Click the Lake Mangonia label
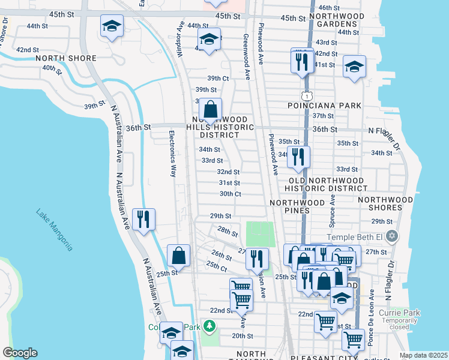coord(54,229)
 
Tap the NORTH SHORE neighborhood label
coord(66,58)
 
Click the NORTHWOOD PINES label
coord(298,207)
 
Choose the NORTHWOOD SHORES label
coord(385,203)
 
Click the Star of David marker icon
coord(393,236)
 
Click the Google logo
coord(19,353)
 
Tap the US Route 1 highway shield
coord(307,95)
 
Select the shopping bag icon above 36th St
coord(211,110)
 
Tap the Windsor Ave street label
coord(179,41)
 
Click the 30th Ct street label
coord(230,194)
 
